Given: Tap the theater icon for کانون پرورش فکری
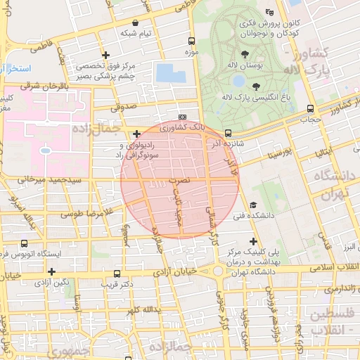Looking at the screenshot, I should [x=270, y=12].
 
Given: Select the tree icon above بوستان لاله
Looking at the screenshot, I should [x=244, y=54].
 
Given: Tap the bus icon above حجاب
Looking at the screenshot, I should [x=310, y=108].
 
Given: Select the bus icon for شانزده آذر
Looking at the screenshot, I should [x=228, y=133].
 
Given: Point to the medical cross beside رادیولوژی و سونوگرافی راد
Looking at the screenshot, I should [x=136, y=133].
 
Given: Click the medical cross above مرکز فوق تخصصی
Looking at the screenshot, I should [x=105, y=55].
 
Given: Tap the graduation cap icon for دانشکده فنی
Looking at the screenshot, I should [x=252, y=205].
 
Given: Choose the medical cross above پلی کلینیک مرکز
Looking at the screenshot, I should [x=253, y=241].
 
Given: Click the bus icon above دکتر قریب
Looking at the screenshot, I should [x=117, y=274].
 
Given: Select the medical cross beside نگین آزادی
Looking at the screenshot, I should [x=51, y=271].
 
